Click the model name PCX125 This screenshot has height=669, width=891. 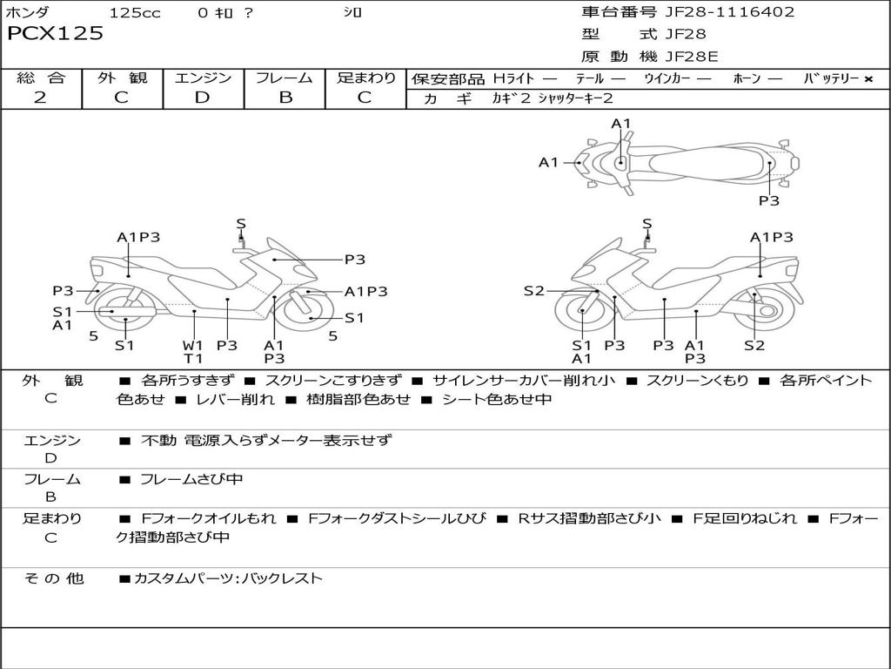click(56, 34)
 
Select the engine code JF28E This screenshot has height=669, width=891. click(692, 57)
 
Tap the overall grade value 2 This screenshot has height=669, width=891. click(40, 98)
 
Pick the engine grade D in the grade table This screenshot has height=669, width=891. click(202, 98)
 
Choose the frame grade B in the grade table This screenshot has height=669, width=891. click(285, 98)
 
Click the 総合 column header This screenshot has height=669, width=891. click(40, 78)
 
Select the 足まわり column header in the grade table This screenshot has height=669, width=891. click(365, 78)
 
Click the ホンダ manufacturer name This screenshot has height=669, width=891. click(27, 13)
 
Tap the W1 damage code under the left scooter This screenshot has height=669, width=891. click(192, 344)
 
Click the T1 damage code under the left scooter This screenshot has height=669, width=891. click(192, 358)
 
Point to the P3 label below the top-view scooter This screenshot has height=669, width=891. click(768, 200)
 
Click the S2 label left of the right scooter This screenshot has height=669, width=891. click(533, 291)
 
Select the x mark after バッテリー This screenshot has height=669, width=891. click(868, 79)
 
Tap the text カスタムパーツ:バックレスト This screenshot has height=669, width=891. click(228, 578)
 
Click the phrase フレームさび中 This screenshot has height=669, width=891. click(191, 479)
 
